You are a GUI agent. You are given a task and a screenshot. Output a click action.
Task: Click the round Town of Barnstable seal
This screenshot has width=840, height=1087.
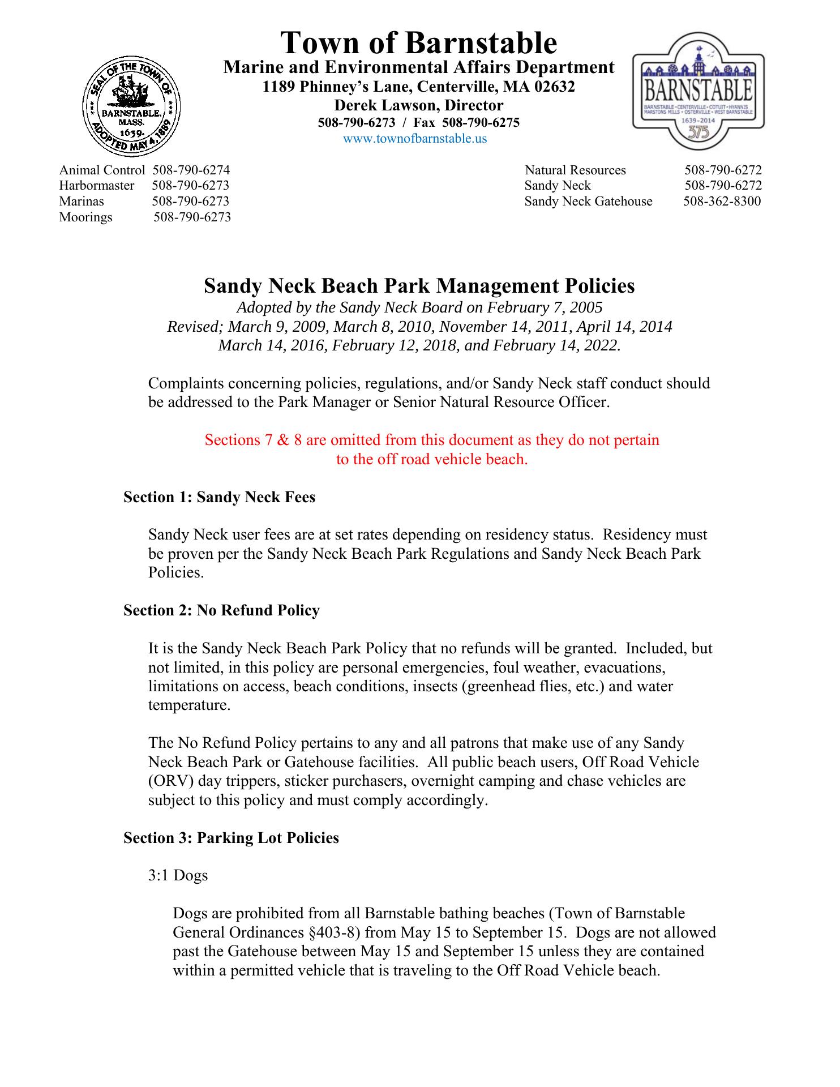pos(131,108)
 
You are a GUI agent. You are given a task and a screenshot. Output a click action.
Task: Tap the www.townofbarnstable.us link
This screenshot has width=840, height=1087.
pos(415,139)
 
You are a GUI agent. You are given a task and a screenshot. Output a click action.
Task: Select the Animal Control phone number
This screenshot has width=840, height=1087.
pos(191,170)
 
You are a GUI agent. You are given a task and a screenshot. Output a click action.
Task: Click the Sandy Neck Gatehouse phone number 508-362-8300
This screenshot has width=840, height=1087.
pos(722,202)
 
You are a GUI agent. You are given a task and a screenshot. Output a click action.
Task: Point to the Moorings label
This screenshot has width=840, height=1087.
pos(85,217)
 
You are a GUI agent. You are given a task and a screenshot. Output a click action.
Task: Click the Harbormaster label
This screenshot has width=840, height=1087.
pos(97,186)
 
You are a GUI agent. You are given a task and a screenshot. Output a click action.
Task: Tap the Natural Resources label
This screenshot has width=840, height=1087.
pos(575,170)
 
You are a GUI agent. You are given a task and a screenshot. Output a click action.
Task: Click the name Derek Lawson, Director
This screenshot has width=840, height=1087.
pos(419,105)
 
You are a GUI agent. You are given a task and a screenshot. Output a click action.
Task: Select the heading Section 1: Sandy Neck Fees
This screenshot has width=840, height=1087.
pos(219,497)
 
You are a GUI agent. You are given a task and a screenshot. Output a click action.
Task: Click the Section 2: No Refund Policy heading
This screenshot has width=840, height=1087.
pos(221,610)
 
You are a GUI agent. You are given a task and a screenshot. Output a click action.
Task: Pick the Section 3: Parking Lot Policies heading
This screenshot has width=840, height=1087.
pos(231,838)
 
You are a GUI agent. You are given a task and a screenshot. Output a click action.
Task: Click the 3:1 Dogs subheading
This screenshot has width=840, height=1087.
pos(178,875)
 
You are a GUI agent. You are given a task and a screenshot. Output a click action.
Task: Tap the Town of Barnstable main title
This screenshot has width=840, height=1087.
pos(419,42)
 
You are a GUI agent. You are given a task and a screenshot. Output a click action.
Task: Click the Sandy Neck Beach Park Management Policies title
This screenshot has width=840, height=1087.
pos(419,286)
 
